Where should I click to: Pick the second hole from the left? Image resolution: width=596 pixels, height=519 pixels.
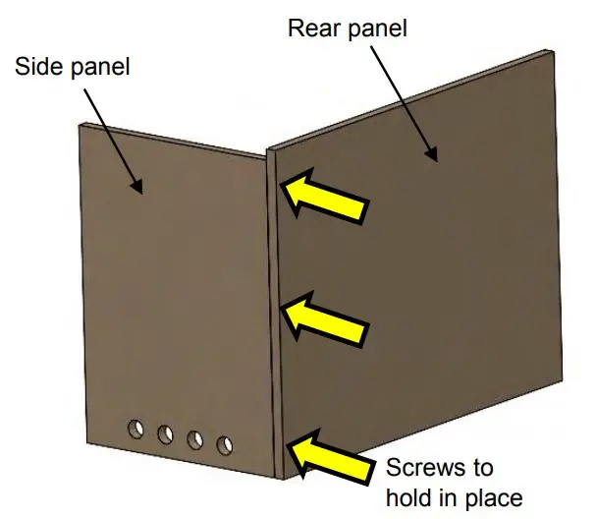tap(166, 433)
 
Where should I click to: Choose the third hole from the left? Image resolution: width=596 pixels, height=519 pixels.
tap(195, 439)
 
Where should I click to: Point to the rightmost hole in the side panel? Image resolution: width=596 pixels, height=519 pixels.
tap(225, 445)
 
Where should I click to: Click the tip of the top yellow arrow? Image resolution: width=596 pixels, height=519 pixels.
tap(285, 182)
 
